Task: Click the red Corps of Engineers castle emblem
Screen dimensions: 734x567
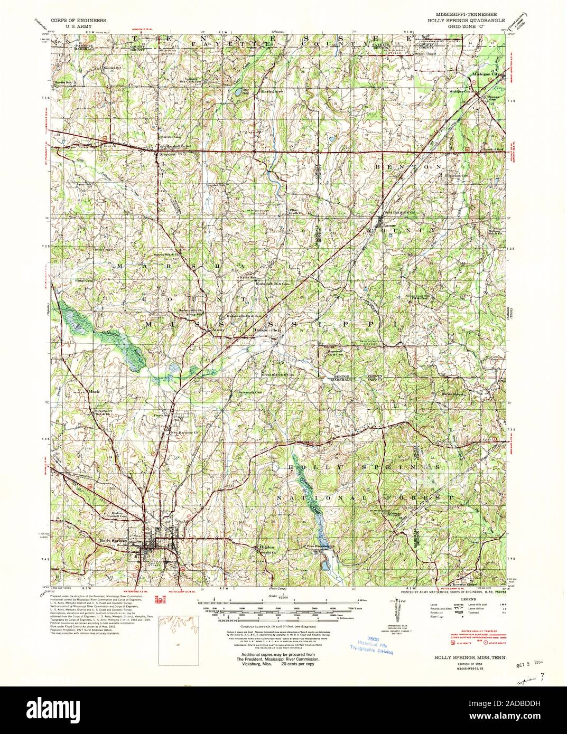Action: pyautogui.click(x=158, y=599)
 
